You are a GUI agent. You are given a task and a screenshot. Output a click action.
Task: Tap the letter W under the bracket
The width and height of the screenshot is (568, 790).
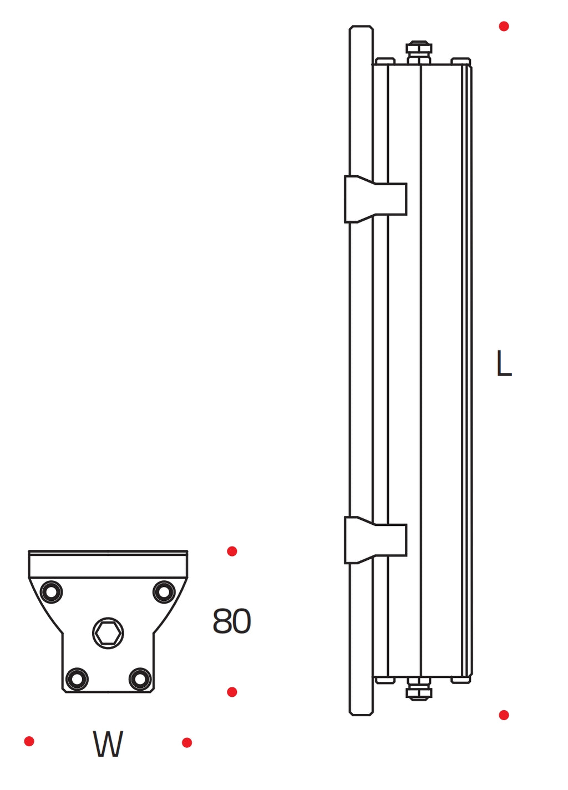point(108,744)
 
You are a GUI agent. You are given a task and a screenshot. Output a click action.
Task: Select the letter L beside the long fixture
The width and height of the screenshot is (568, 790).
point(504,363)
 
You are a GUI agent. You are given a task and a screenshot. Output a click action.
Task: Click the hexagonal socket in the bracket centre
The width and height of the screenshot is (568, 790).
point(108,634)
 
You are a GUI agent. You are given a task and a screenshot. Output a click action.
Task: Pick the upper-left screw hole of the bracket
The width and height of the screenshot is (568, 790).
point(51,592)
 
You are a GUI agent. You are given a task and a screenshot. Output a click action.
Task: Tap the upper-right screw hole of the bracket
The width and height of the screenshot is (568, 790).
point(164,591)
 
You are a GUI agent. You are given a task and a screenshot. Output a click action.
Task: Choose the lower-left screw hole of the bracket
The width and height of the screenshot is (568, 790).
point(77,679)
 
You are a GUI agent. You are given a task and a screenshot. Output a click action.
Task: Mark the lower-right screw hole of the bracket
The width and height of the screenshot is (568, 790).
point(140,679)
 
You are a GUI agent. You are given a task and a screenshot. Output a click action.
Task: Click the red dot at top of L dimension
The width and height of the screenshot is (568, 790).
point(504,26)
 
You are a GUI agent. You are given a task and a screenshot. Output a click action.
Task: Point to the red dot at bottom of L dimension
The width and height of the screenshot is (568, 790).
point(504,715)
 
